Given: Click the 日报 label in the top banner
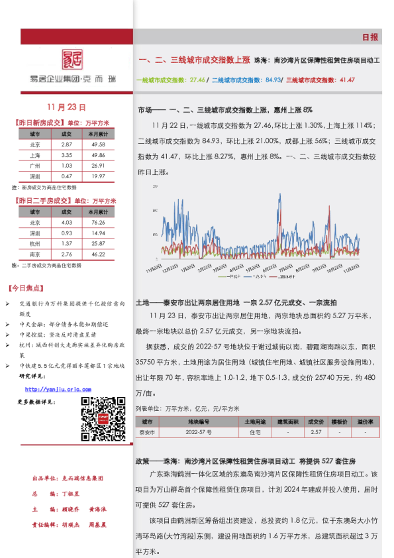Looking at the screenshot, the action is pos(370,37).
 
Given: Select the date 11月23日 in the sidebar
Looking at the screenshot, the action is pos(67,107).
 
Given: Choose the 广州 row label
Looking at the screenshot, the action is pos(34,165).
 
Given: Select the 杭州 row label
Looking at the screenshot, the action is pos(34,244).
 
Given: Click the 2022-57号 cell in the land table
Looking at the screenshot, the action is pos(198,432).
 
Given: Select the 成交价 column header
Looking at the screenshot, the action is pos(316,421).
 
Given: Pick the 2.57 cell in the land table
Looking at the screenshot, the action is pos(316,432).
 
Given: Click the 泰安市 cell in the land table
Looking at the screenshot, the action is pos(147,432).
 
